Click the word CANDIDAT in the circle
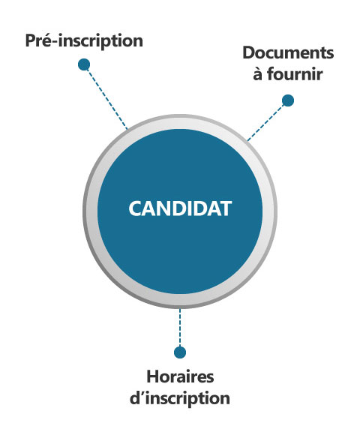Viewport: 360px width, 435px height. pyautogui.click(x=180, y=208)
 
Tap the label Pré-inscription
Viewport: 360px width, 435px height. pyautogui.click(x=84, y=40)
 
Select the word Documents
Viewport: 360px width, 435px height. pyautogui.click(x=288, y=52)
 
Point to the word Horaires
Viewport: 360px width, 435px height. pyautogui.click(x=180, y=376)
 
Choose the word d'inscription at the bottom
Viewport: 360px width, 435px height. pyautogui.click(x=180, y=399)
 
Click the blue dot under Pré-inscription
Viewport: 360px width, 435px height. pyautogui.click(x=84, y=64)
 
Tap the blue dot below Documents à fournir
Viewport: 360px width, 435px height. pyautogui.click(x=288, y=100)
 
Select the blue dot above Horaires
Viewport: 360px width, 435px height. pyautogui.click(x=180, y=352)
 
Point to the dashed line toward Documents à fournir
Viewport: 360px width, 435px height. pyautogui.click(x=265, y=122)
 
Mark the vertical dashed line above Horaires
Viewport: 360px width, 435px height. pyautogui.click(x=180, y=327)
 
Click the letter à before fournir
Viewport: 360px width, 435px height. pyautogui.click(x=258, y=75)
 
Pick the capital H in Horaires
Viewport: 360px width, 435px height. pyautogui.click(x=153, y=376)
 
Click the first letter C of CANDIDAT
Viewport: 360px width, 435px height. pyautogui.click(x=135, y=208)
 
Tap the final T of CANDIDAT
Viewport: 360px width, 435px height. pyautogui.click(x=225, y=208)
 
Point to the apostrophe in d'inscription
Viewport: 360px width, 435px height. pyautogui.click(x=142, y=394)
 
